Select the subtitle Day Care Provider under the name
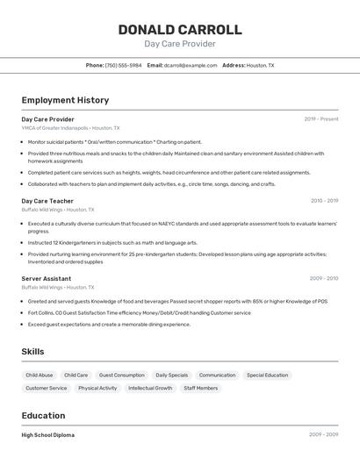click(179, 44)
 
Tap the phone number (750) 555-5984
click(123, 65)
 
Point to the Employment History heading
click(65, 100)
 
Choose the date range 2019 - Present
click(320, 118)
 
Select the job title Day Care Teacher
click(47, 201)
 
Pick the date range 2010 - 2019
click(324, 201)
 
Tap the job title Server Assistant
click(47, 278)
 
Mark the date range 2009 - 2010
click(323, 278)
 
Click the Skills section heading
click(32, 352)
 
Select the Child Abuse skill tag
click(40, 375)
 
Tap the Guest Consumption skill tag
click(122, 375)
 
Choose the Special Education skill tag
click(267, 375)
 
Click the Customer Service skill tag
click(47, 388)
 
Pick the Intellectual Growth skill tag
click(151, 388)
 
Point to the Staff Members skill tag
click(201, 388)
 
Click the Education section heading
click(43, 416)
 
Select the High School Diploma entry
click(47, 435)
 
